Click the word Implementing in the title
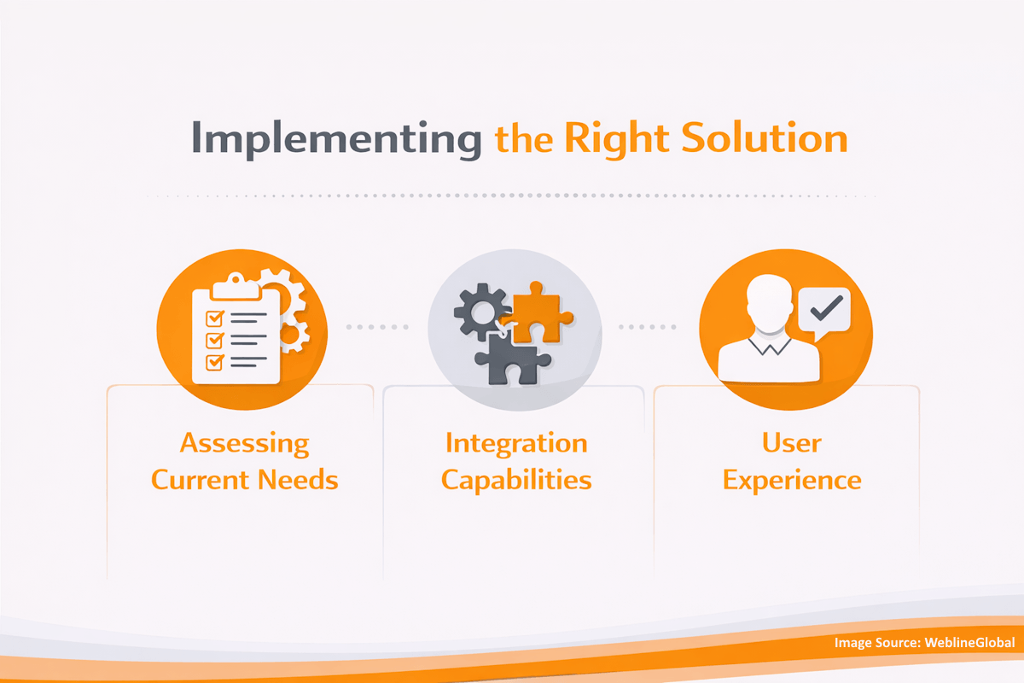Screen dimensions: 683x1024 click(x=335, y=139)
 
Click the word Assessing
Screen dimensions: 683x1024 click(x=244, y=443)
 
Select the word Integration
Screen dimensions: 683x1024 click(x=516, y=443)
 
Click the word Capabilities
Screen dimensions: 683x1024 click(x=516, y=479)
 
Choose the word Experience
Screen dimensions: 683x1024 click(x=792, y=479)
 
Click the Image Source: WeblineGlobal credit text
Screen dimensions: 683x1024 click(x=924, y=642)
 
